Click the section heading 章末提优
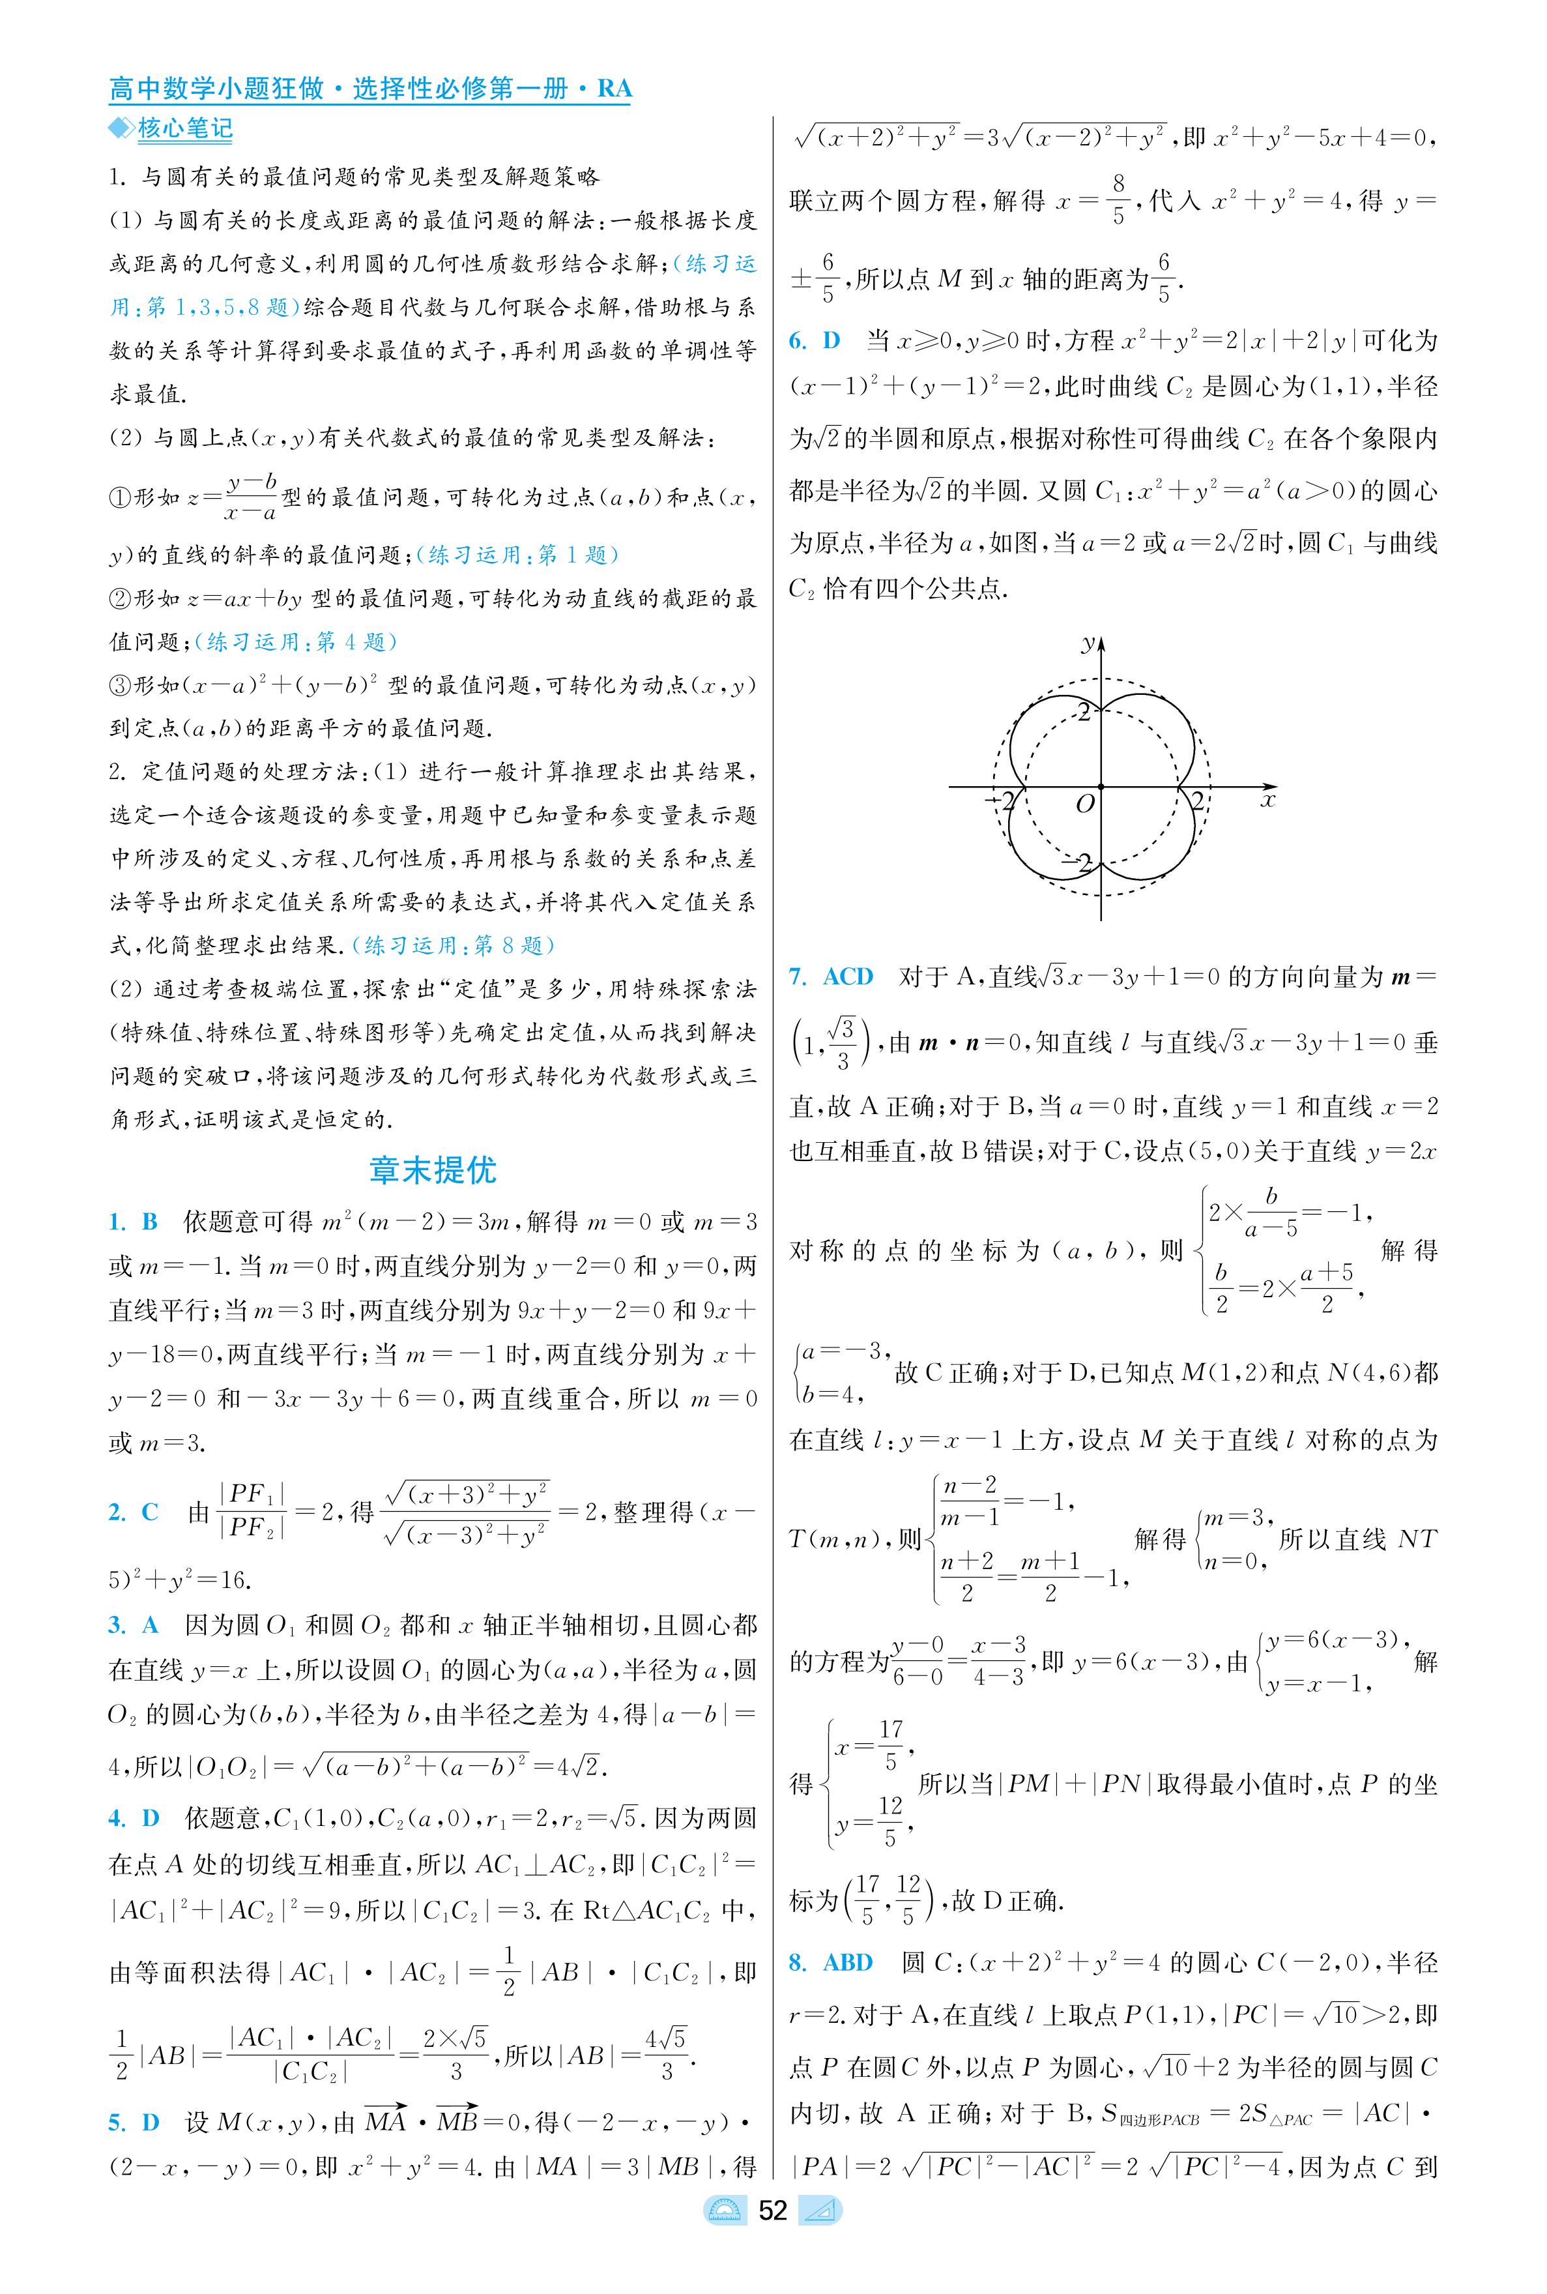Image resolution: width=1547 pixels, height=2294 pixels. pyautogui.click(x=432, y=1170)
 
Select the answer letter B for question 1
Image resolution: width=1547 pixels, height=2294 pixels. pyautogui.click(x=150, y=1222)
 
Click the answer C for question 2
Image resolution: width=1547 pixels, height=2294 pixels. pyautogui.click(x=150, y=1512)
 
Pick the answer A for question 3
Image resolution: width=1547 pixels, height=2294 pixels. pyautogui.click(x=150, y=1625)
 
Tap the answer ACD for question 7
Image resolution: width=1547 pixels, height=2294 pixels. pyautogui.click(x=848, y=977)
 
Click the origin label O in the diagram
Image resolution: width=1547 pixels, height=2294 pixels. pyautogui.click(x=1084, y=804)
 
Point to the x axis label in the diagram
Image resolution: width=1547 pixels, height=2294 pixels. pyautogui.click(x=1268, y=799)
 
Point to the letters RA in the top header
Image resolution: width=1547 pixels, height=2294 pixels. pyautogui.click(x=614, y=89)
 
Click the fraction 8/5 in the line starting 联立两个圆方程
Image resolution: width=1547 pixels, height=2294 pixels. pyautogui.click(x=1118, y=200)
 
